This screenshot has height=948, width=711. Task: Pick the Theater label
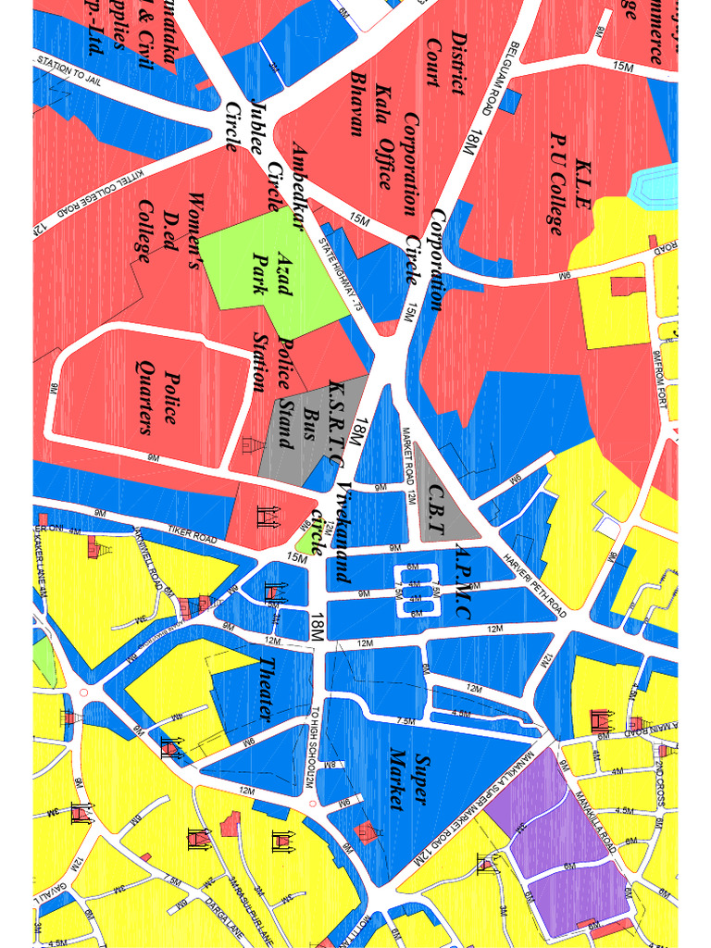[266, 690]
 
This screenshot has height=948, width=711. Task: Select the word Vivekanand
[343, 532]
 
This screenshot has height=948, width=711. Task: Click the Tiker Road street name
[192, 535]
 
